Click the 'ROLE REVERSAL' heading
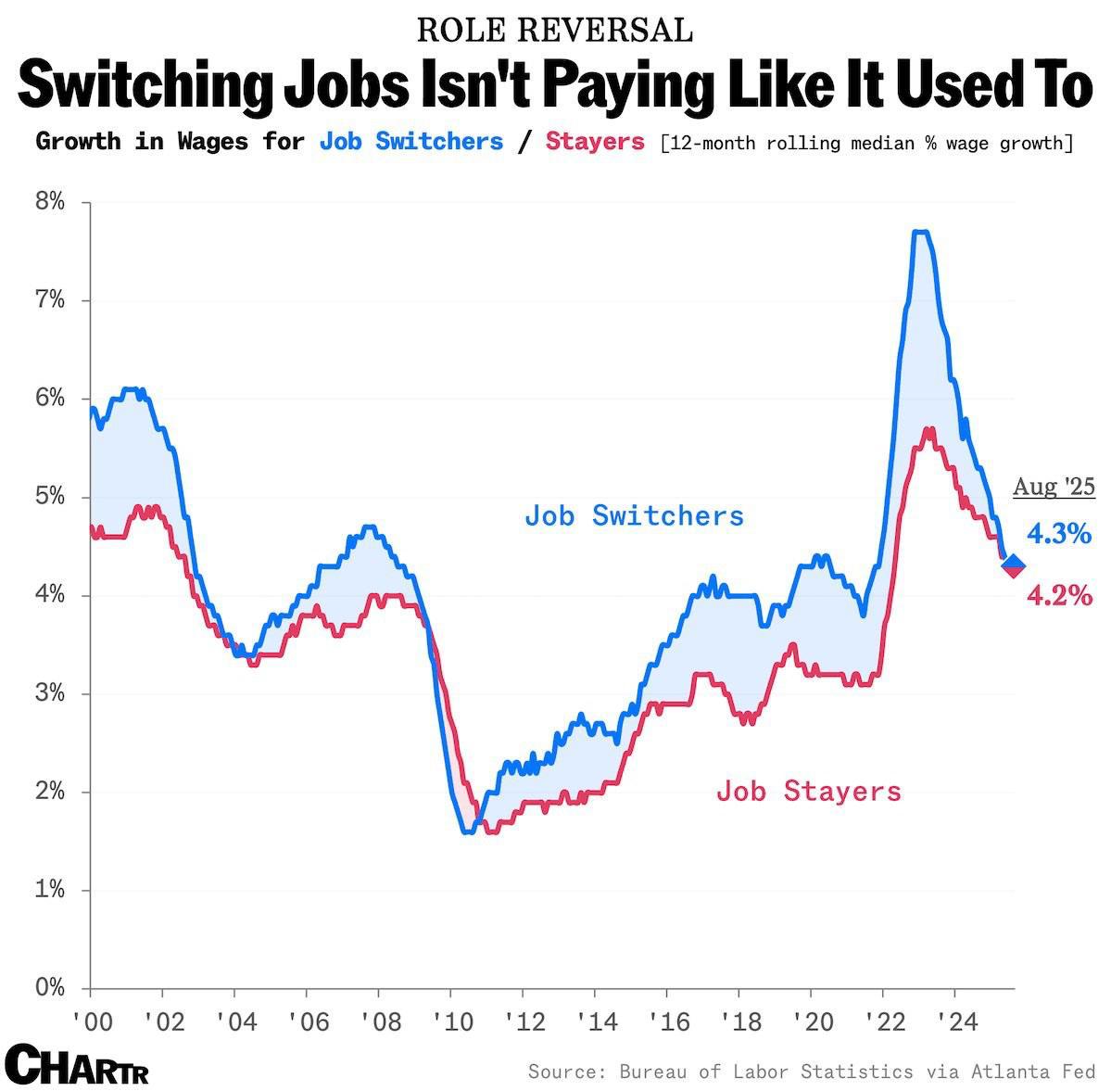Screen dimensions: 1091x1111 pos(555,30)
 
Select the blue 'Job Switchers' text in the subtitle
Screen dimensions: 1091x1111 pos(410,142)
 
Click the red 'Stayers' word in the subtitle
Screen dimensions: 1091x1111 pos(595,142)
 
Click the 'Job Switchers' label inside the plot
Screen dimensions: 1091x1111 pos(634,515)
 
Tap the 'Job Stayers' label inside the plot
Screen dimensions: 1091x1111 pos(808,792)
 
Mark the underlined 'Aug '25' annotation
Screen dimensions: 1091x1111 pos(1054,487)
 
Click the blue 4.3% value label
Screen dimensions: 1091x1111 pos(1059,534)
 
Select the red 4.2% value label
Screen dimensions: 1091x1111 pos(1059,595)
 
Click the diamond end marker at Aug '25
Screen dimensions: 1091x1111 pos(1013,565)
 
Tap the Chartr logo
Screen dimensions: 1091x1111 pos(76,1064)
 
